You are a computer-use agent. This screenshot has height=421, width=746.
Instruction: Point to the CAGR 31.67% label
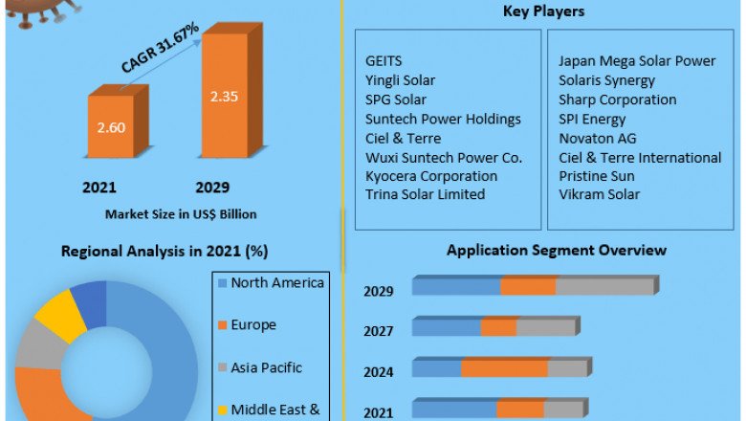pos(159,49)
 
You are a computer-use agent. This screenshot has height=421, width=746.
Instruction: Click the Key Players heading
pos(543,11)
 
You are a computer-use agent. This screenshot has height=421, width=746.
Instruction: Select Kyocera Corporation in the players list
pos(431,176)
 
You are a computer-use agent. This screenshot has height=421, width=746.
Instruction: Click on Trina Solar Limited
pos(425,194)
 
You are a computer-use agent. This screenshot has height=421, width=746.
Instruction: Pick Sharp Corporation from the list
pos(617,100)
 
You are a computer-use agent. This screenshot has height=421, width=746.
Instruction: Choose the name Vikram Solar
pos(599,194)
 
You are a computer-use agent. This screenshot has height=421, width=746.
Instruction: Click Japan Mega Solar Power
pos(637,61)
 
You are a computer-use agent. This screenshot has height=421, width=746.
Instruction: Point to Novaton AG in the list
pos(597,138)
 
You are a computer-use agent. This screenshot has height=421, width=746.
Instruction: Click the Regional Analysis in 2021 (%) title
pos(164,252)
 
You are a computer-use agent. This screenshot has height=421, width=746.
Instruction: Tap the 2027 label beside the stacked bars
pos(378,330)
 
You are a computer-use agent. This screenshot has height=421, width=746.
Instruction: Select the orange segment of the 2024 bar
pos(504,368)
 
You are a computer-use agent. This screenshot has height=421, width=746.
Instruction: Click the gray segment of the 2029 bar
pos(603,286)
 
